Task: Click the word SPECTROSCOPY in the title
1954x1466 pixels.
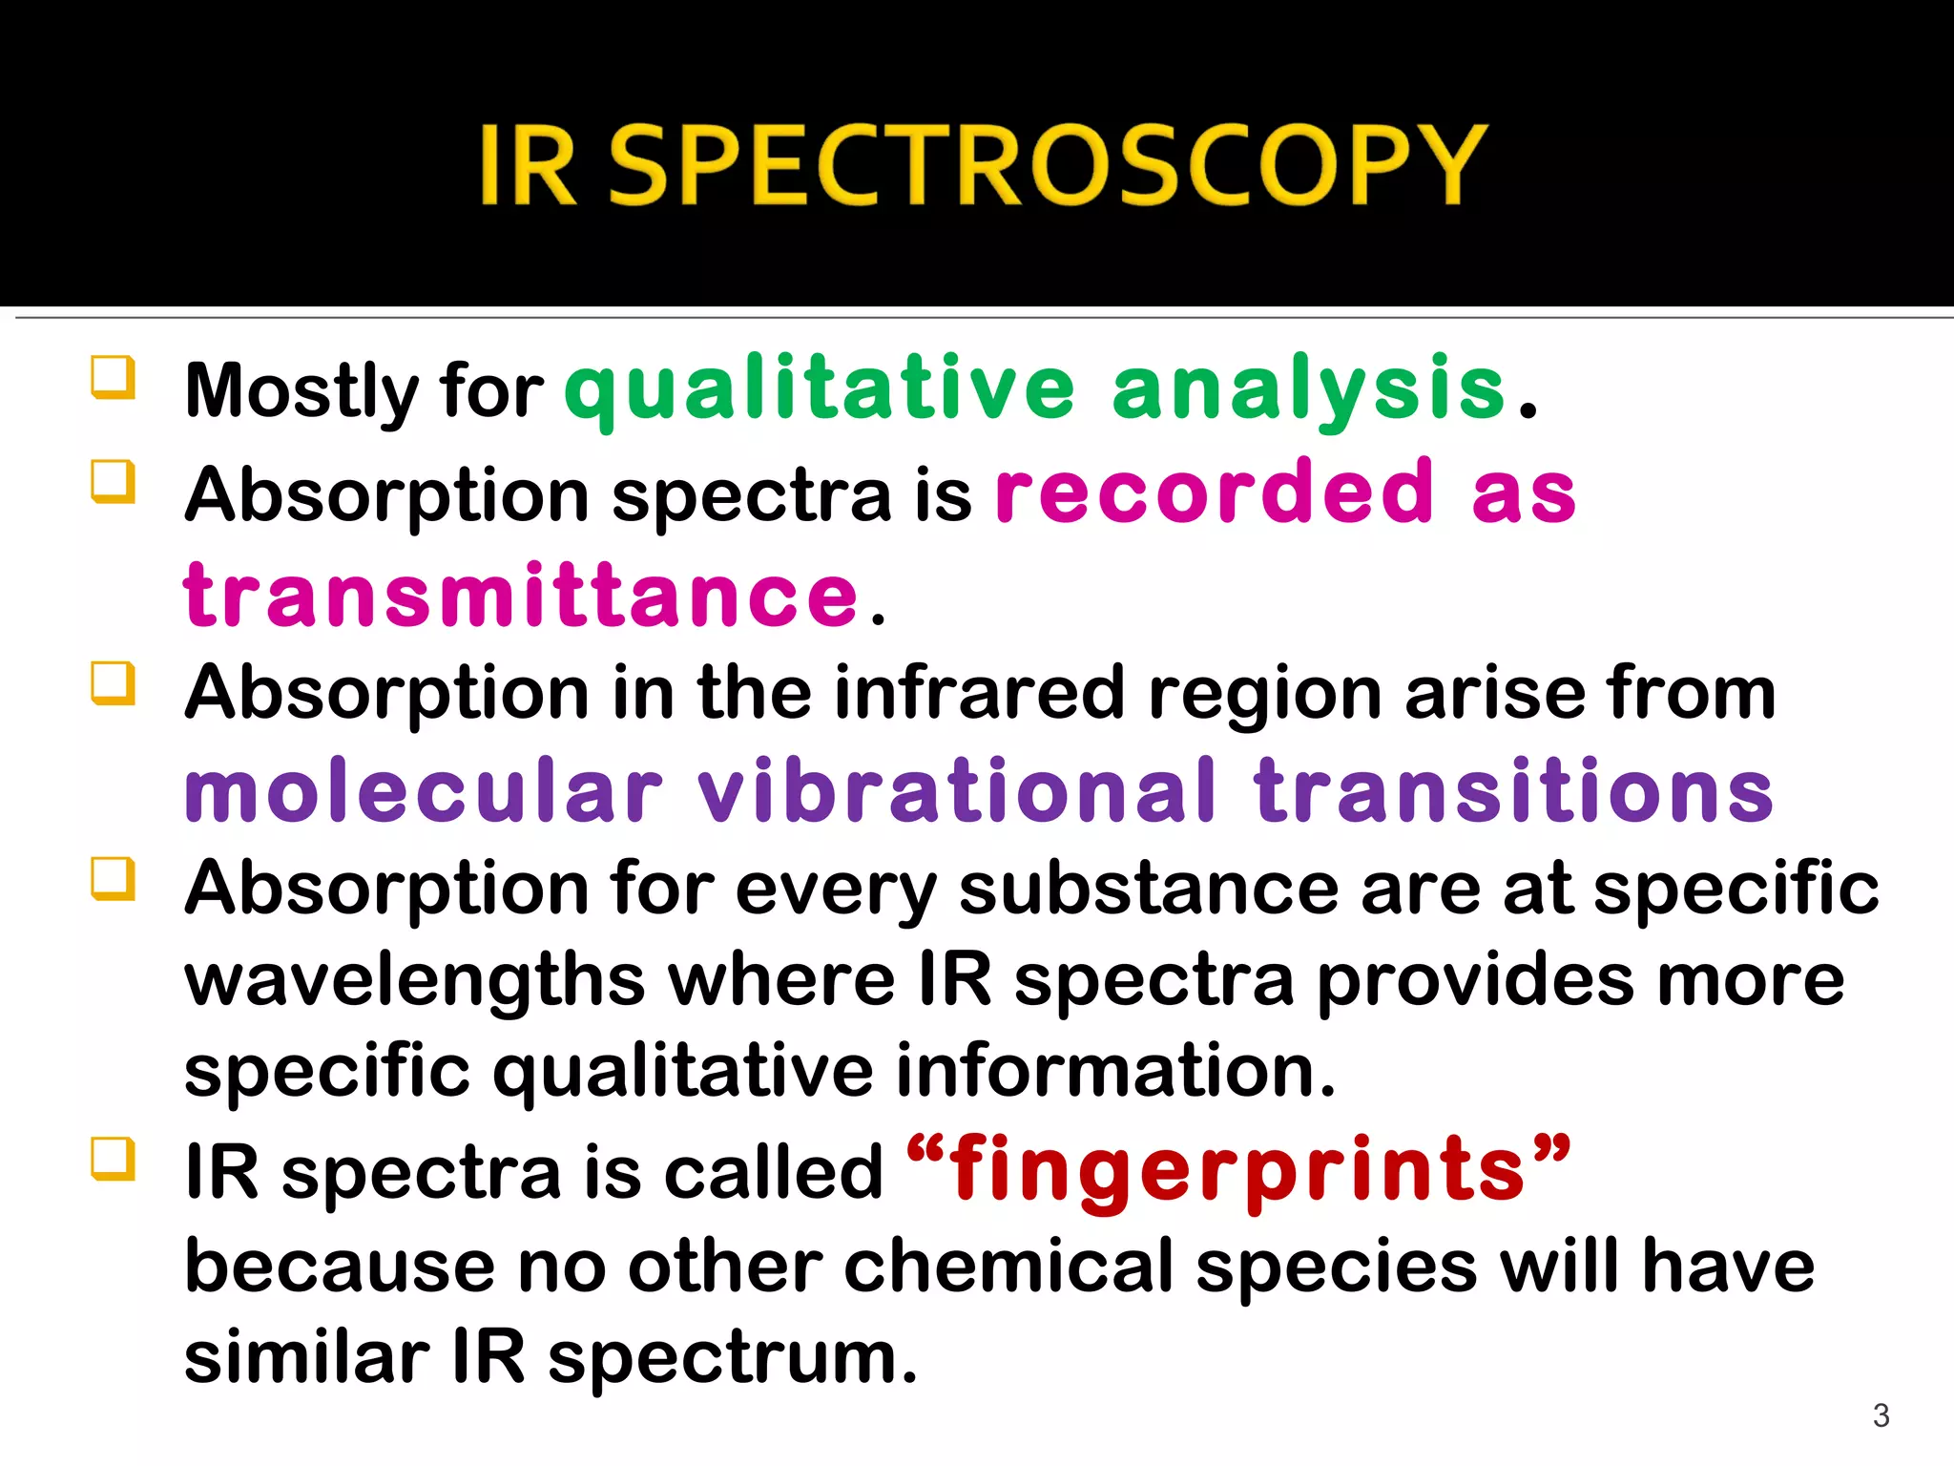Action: (1047, 164)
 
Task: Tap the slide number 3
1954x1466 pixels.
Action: (1881, 1415)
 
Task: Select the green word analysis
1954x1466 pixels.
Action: (1308, 389)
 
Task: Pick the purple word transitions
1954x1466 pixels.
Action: (1514, 791)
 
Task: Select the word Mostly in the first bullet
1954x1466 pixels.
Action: (301, 391)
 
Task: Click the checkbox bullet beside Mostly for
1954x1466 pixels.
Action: (113, 377)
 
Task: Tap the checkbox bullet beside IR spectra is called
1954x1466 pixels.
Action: (113, 1158)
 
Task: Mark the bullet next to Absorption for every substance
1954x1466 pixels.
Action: (113, 878)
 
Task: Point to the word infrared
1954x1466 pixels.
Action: (979, 692)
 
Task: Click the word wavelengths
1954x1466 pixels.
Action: (415, 981)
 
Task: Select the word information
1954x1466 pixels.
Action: (1114, 1071)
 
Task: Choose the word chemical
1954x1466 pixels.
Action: (1008, 1267)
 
